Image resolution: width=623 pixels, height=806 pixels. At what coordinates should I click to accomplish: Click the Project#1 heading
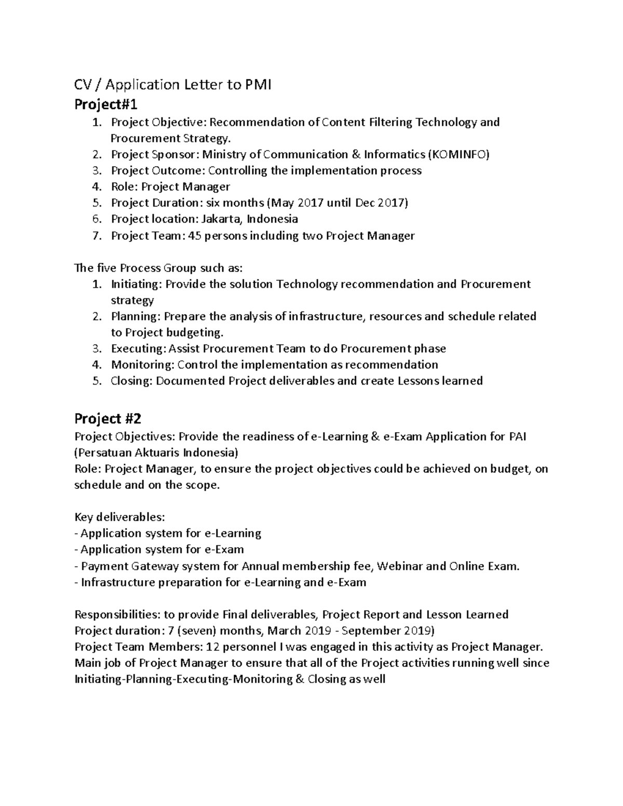pyautogui.click(x=106, y=105)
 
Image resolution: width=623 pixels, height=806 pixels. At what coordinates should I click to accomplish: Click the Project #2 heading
pyautogui.click(x=107, y=418)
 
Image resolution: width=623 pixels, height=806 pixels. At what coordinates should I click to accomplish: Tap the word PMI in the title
pyautogui.click(x=256, y=85)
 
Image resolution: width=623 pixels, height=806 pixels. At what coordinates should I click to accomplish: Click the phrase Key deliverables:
pyautogui.click(x=120, y=517)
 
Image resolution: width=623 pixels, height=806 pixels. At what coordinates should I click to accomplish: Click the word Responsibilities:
pyautogui.click(x=117, y=615)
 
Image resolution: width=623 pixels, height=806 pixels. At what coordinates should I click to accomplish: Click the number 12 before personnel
pyautogui.click(x=212, y=647)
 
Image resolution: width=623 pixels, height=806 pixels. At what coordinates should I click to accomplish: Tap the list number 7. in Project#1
pyautogui.click(x=96, y=236)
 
